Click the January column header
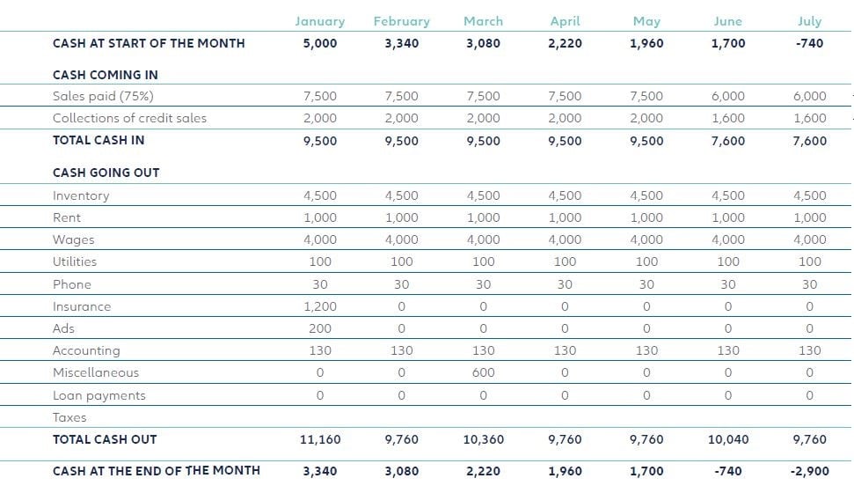[320, 21]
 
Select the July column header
[809, 21]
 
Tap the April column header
[565, 21]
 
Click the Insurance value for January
[320, 306]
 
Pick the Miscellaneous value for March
[483, 372]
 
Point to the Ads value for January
[320, 328]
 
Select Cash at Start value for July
[809, 43]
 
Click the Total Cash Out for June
[727, 439]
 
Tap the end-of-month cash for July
[809, 471]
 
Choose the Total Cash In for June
[727, 141]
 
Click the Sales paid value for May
[646, 96]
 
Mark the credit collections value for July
[809, 118]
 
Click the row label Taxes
[69, 417]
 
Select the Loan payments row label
[99, 395]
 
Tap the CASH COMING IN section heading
[106, 75]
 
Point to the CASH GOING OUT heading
[106, 173]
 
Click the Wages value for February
[402, 239]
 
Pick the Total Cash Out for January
[320, 439]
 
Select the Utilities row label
[75, 261]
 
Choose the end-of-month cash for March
[483, 471]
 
